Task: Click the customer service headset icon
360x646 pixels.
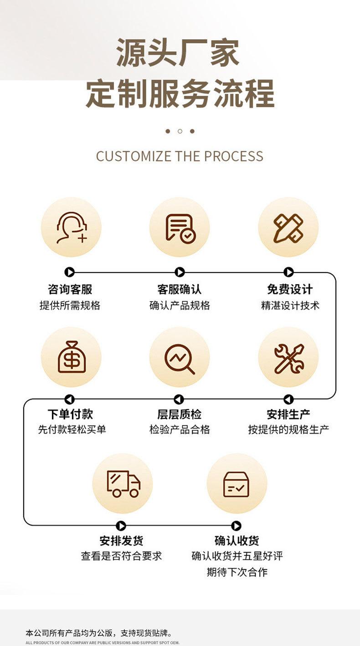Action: [x=71, y=227]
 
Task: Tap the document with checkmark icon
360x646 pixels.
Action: [x=180, y=227]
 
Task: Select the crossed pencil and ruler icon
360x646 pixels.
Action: [x=288, y=227]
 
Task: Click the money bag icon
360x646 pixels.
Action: [x=71, y=357]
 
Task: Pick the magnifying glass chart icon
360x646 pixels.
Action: [x=180, y=357]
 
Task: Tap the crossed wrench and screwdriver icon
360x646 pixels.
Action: [x=288, y=357]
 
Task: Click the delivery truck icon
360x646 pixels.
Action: [x=123, y=483]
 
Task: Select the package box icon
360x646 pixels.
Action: [x=237, y=483]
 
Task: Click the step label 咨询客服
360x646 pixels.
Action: [x=70, y=289]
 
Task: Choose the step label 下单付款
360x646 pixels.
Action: [x=70, y=414]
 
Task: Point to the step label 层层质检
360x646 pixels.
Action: [x=179, y=414]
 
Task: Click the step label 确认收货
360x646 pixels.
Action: [x=237, y=541]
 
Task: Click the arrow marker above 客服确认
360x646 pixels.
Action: [x=180, y=272]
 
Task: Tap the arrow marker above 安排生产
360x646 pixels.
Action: [x=288, y=400]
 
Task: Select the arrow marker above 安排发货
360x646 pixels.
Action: [x=121, y=526]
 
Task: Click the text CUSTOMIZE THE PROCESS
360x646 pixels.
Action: [x=180, y=156]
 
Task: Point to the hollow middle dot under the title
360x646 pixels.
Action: [x=180, y=131]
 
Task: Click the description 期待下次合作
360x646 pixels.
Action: [x=237, y=572]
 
